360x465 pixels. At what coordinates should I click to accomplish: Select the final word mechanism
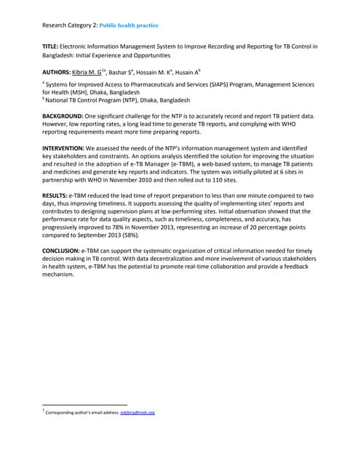(61, 275)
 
